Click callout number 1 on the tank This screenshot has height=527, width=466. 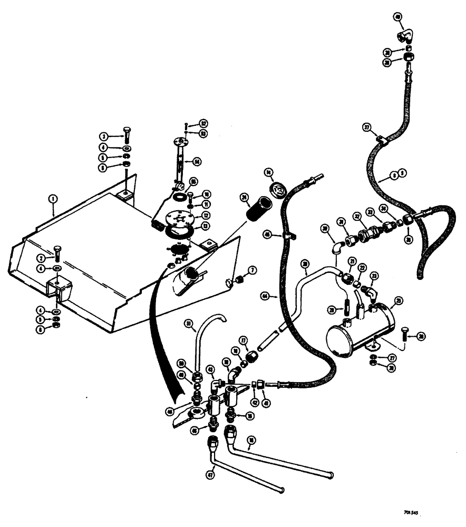[x=52, y=199]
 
